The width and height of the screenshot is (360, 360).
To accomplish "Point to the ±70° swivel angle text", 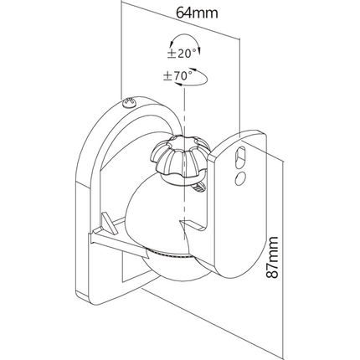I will [x=177, y=76].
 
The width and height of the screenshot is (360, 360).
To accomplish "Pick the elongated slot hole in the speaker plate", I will [x=240, y=157].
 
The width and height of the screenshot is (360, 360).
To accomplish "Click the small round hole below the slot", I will [x=240, y=178].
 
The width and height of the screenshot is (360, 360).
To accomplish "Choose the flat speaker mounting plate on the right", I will [x=243, y=218].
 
